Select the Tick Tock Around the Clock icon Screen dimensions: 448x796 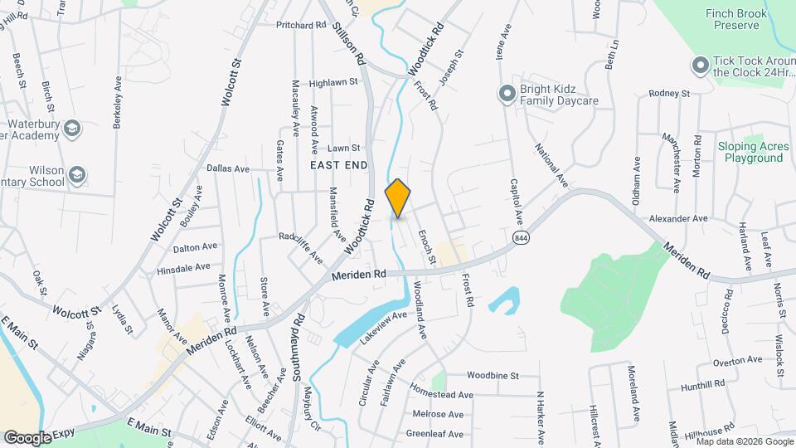(701, 65)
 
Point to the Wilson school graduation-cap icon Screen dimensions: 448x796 (77, 174)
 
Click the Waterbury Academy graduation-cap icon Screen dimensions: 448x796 (72, 128)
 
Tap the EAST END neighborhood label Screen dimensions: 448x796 (338, 165)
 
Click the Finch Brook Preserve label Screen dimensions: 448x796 (732, 19)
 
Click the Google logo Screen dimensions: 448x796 (27, 437)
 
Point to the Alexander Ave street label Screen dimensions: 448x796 (678, 218)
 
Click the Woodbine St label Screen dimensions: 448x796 (493, 375)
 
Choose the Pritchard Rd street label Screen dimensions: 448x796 (301, 25)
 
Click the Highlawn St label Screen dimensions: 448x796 (332, 82)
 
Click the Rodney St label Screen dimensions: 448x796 (669, 94)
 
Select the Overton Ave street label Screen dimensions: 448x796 (737, 360)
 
